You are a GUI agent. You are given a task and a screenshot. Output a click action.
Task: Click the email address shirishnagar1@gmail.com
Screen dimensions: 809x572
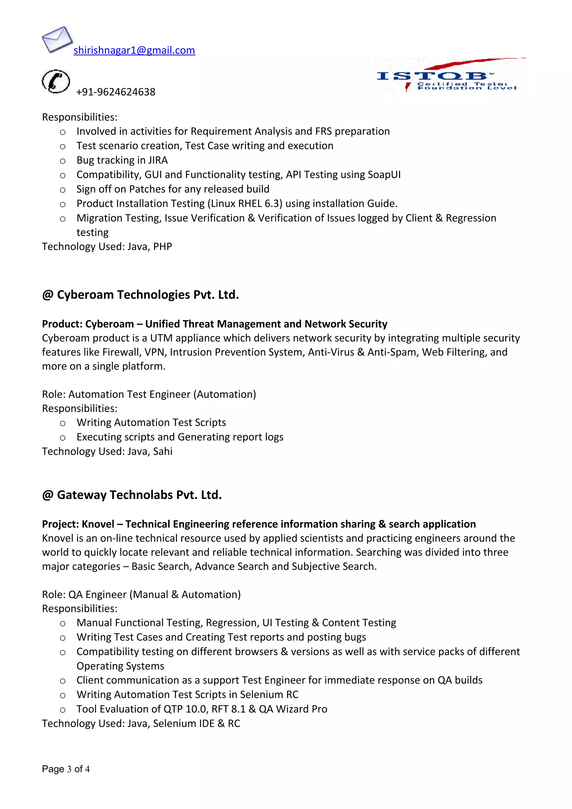pyautogui.click(x=134, y=50)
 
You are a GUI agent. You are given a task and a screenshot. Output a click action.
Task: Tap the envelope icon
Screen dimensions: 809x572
pyautogui.click(x=57, y=39)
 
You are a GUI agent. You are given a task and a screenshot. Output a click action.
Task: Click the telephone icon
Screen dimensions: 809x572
pyautogui.click(x=56, y=82)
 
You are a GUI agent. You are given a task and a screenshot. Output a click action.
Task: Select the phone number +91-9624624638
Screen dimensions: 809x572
pyautogui.click(x=116, y=92)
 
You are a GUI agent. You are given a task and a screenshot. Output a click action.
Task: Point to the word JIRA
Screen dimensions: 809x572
pyautogui.click(x=158, y=160)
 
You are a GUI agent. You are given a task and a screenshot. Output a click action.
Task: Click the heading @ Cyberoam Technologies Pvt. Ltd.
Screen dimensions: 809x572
pyautogui.click(x=140, y=295)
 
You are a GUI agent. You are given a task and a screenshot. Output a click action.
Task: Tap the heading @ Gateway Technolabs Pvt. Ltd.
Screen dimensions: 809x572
pyautogui.click(x=132, y=495)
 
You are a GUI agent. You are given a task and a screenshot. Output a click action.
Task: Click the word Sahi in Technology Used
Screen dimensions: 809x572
pyautogui.click(x=163, y=451)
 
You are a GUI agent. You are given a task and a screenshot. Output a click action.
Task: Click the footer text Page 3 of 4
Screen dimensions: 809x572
pyautogui.click(x=66, y=769)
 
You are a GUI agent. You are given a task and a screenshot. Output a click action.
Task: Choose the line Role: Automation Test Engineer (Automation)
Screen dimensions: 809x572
pyautogui.click(x=149, y=394)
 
